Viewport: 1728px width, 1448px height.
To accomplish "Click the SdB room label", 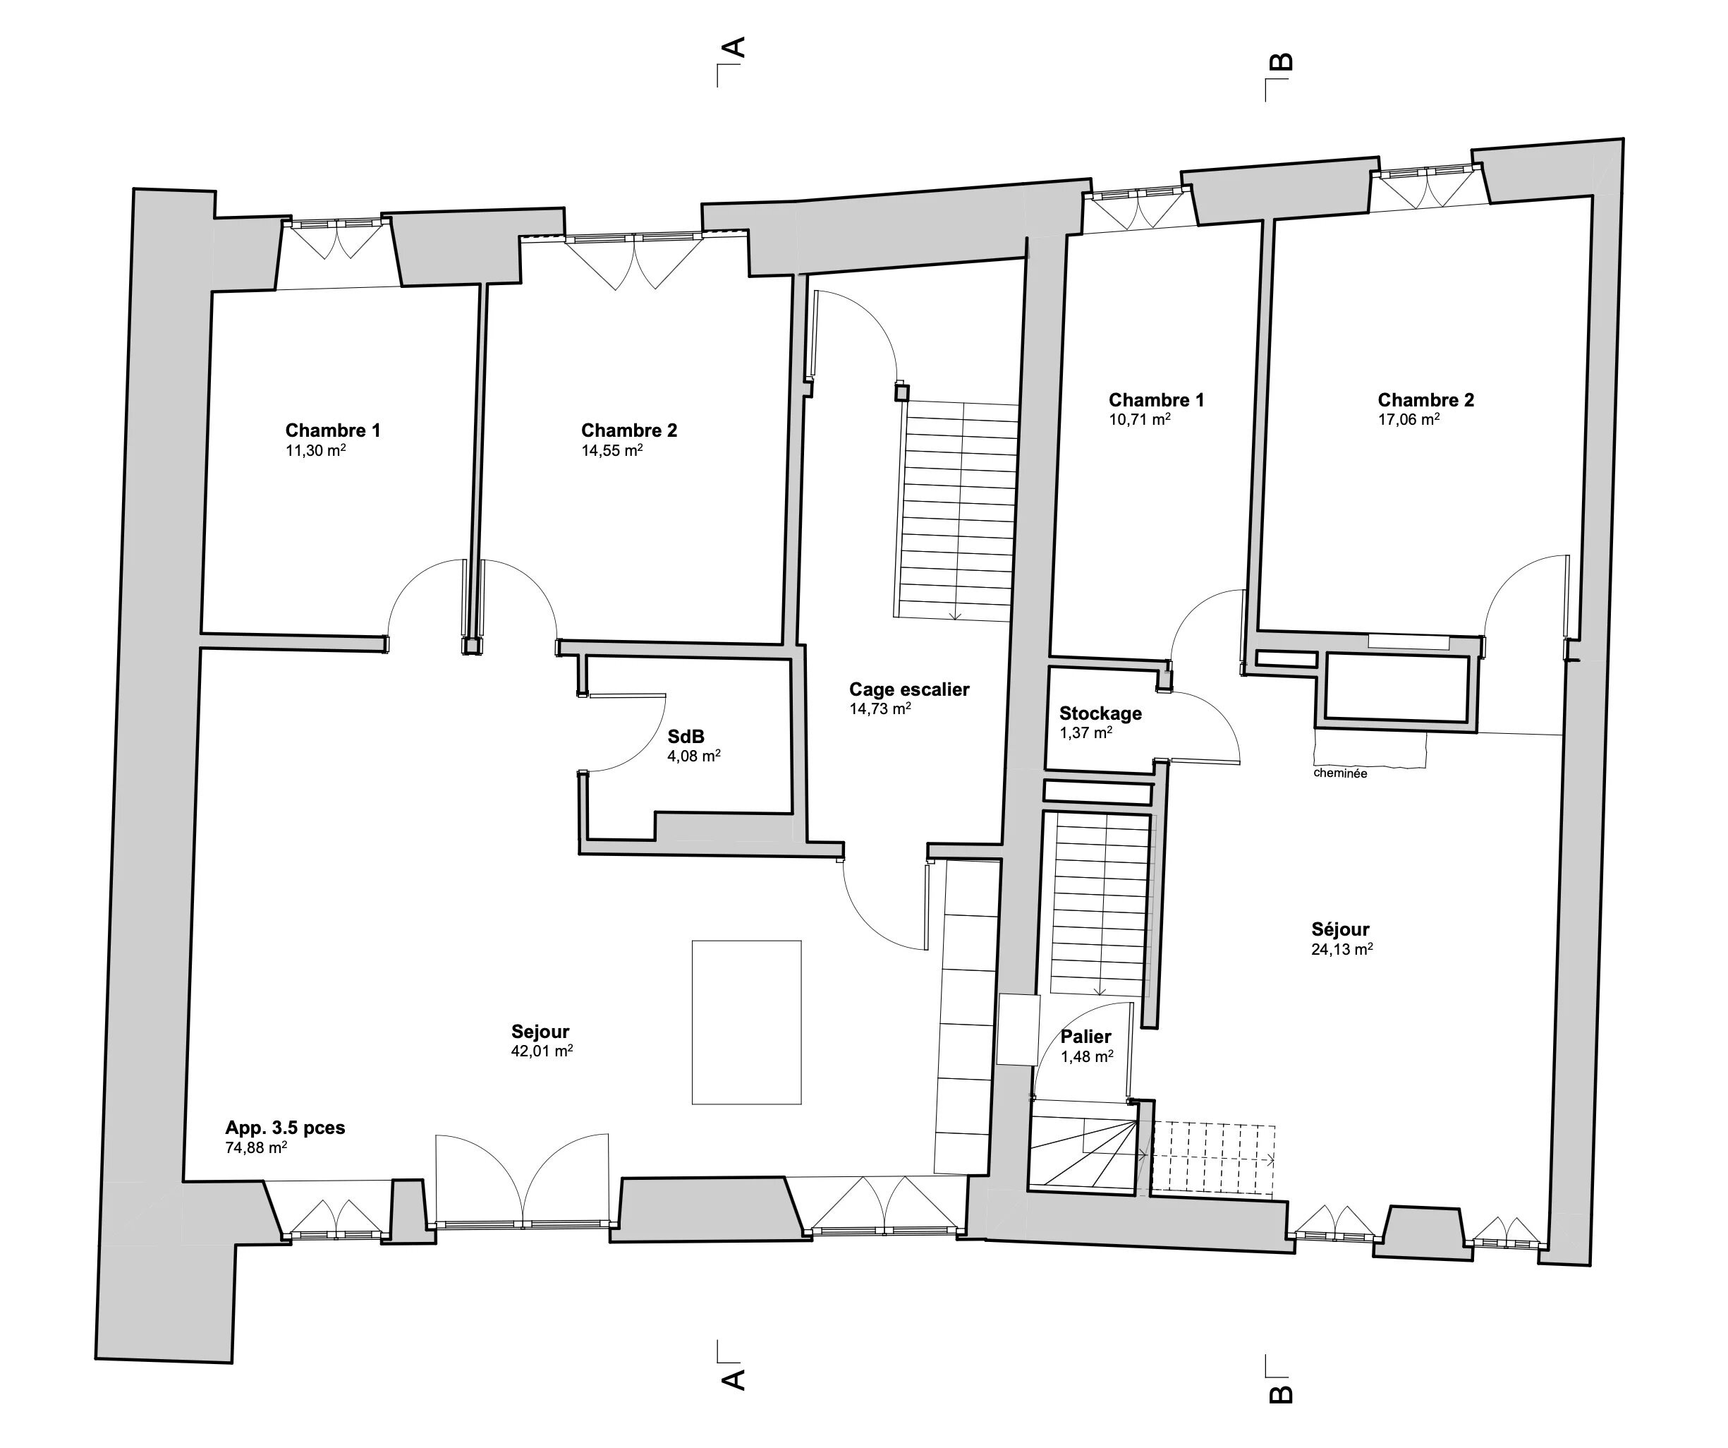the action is pyautogui.click(x=686, y=737).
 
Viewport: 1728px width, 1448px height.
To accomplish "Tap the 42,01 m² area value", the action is pyautogui.click(x=542, y=1051).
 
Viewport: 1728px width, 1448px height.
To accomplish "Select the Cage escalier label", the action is pyautogui.click(x=909, y=689).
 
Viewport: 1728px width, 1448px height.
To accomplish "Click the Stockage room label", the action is pyautogui.click(x=1100, y=713).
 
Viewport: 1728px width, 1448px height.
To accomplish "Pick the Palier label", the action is pyautogui.click(x=1085, y=1037).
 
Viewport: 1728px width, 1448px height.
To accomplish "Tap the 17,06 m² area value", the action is pyautogui.click(x=1408, y=419).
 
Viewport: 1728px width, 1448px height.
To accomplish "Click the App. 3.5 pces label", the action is pyautogui.click(x=285, y=1128).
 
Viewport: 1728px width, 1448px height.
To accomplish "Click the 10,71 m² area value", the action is pyautogui.click(x=1140, y=419).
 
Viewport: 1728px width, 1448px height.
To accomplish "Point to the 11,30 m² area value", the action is pyautogui.click(x=315, y=450).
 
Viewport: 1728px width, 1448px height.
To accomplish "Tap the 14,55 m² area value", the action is pyautogui.click(x=612, y=450).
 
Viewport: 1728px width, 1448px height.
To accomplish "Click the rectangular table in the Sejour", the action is pyautogui.click(x=746, y=1022).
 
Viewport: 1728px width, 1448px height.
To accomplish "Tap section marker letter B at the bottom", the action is pyautogui.click(x=1281, y=1394).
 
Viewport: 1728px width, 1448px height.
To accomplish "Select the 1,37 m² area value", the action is pyautogui.click(x=1086, y=732).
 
